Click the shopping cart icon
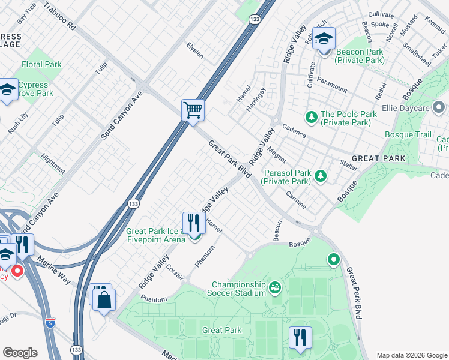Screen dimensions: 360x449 coord(193,110)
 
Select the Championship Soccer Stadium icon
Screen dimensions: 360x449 coord(275,288)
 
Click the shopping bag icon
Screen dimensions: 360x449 coord(104,299)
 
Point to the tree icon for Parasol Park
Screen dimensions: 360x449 coord(321,176)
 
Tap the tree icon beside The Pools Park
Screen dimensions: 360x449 coord(312,116)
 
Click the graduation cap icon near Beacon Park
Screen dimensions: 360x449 coord(324,40)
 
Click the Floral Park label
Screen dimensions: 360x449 coord(41,64)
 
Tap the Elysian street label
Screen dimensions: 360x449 coord(194,51)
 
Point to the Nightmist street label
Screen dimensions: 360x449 coord(53,163)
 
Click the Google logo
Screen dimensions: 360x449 coord(20,353)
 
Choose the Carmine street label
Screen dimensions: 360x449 coord(295,201)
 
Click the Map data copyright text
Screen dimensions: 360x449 coord(411,355)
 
